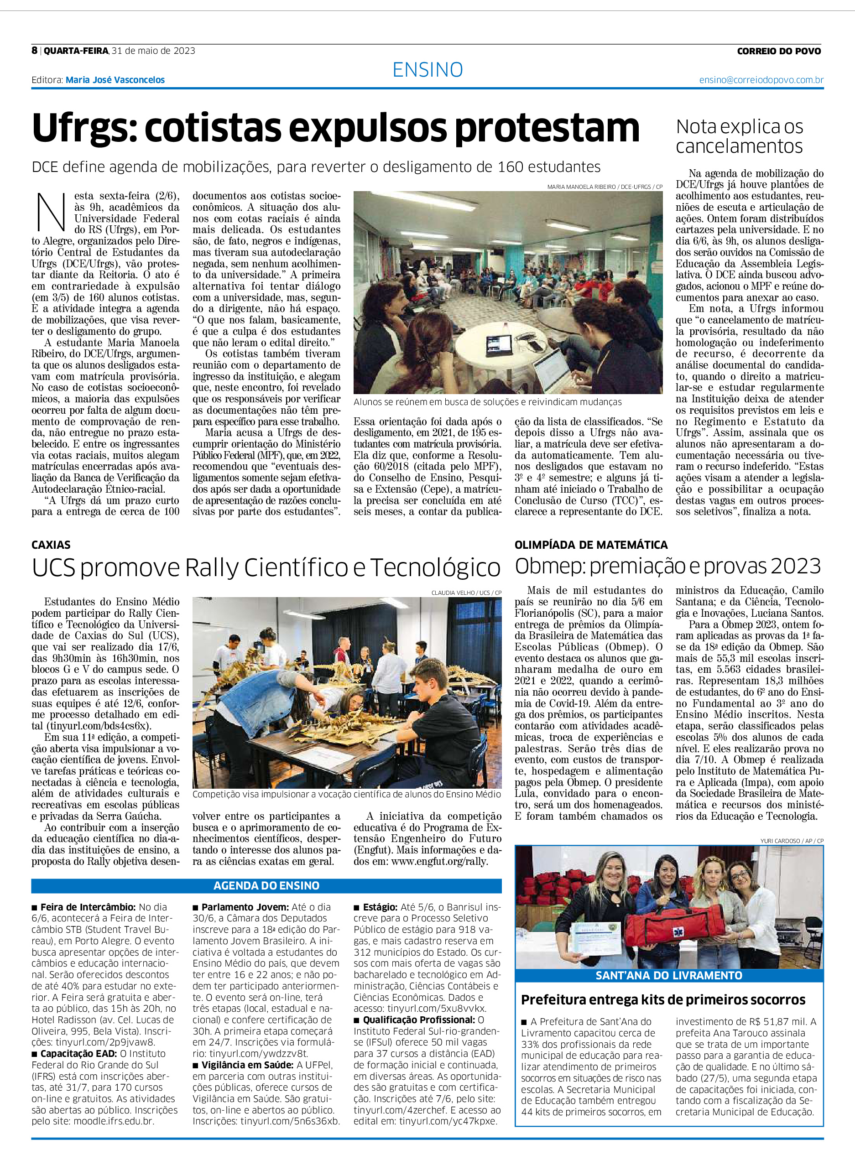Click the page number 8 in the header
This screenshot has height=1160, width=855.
pos(34,50)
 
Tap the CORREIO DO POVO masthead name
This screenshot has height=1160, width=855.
pos(778,51)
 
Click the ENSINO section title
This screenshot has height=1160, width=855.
pos(427,70)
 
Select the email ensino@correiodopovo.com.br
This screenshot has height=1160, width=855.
pos(761,80)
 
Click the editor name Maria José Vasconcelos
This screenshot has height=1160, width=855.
pos(115,80)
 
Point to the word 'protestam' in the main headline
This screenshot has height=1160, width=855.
pos(547,128)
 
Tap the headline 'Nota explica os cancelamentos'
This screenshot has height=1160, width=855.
pos(739,136)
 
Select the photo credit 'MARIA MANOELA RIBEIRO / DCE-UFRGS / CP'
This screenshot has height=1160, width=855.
pos(605,187)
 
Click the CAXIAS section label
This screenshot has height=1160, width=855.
pos(51,544)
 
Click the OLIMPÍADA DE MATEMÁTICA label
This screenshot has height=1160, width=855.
pos(590,544)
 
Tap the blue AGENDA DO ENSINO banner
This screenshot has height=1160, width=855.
pos(266,885)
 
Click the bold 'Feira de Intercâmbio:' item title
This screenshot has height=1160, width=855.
pos(88,907)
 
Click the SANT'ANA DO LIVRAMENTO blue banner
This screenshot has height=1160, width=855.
pos(669,975)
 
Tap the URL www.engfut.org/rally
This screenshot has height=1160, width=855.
pos(439,862)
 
